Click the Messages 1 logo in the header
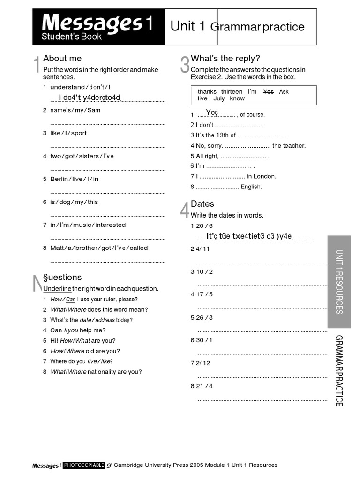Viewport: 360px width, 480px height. pos(98,27)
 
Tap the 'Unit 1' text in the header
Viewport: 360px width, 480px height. pos(187,26)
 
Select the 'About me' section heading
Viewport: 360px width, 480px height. pos(62,59)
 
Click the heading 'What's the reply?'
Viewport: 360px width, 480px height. pos(225,59)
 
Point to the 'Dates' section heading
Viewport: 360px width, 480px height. pos(202,204)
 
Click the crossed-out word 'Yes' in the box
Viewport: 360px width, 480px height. pos(268,92)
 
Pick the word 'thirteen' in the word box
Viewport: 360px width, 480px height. pos(232,92)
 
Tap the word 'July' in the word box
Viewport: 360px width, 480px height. pos(219,99)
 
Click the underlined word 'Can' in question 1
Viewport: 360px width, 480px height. pos(71,300)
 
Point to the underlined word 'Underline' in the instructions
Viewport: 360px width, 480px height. pos(57,289)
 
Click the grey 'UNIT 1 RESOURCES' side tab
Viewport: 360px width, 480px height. pos(339,281)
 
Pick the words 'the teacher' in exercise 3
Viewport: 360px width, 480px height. pos(289,146)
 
